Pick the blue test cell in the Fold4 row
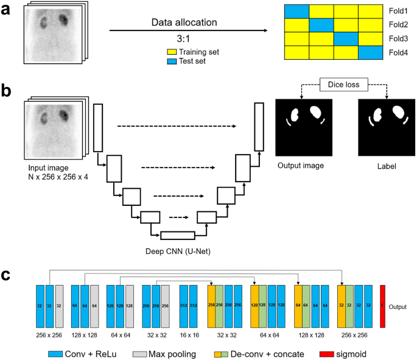tap(370, 53)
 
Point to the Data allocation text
tap(183, 23)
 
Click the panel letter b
tap(8, 91)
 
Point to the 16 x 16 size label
tap(189, 334)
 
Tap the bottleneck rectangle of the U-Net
tap(178, 235)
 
